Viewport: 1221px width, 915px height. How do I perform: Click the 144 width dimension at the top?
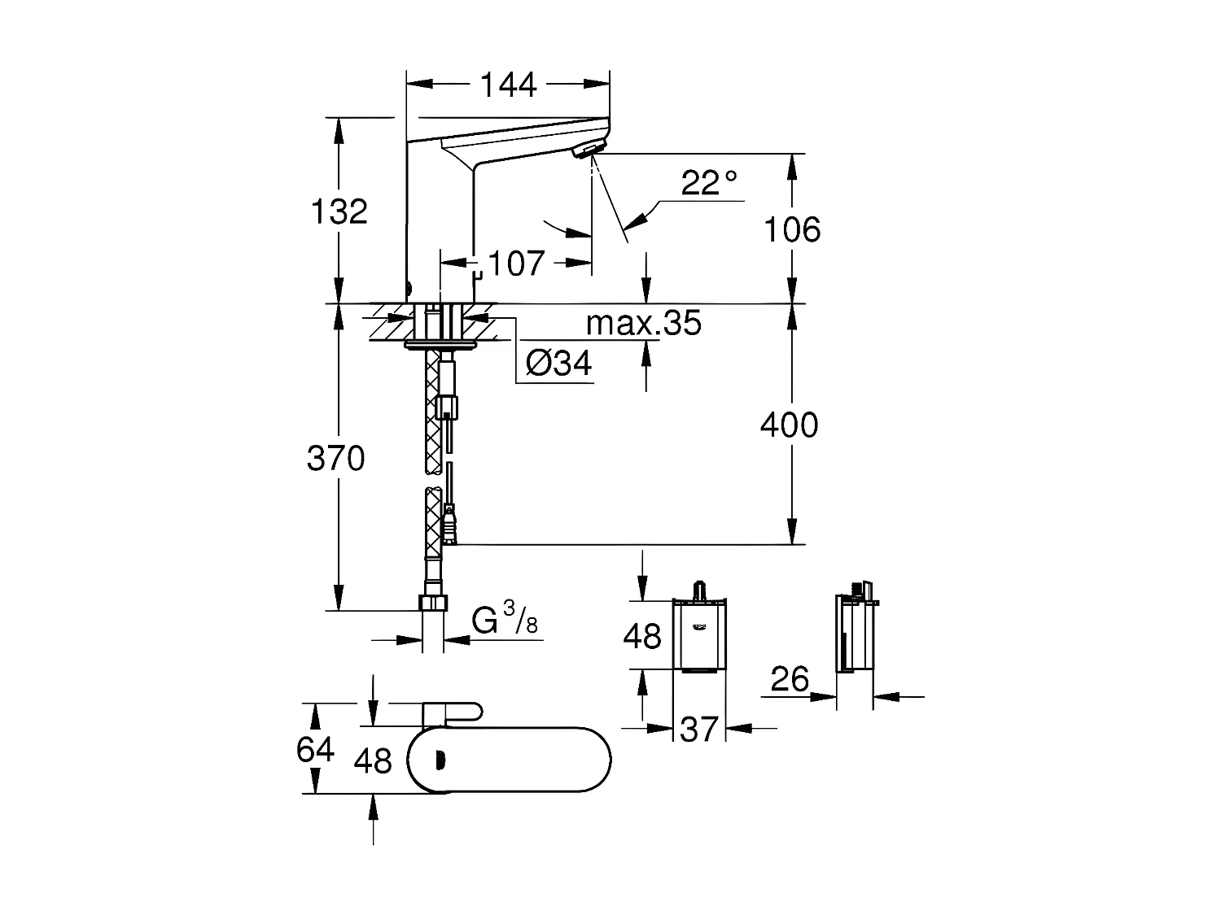tap(508, 84)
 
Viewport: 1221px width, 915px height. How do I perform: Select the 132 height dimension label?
tap(339, 211)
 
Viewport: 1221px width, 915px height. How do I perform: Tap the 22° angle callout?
tap(708, 183)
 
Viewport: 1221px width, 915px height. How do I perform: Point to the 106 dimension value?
tap(791, 230)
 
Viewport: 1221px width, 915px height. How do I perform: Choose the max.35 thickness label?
tap(643, 324)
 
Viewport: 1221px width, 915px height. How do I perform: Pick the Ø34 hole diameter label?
tap(558, 364)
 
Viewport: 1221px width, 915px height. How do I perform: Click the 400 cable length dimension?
tap(789, 425)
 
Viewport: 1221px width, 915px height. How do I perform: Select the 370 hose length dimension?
tap(335, 460)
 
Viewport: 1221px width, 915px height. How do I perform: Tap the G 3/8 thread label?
tap(505, 622)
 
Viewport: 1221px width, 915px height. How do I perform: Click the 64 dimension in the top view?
tap(315, 748)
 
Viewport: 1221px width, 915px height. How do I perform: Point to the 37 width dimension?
tap(699, 729)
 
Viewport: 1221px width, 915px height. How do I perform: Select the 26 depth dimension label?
tap(790, 679)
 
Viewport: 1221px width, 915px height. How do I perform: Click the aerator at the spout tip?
tap(589, 149)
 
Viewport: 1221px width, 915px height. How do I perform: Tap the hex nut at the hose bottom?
tap(433, 603)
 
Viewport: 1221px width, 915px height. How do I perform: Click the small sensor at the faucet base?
tap(409, 286)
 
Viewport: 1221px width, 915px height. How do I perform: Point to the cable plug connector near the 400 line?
tap(449, 525)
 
